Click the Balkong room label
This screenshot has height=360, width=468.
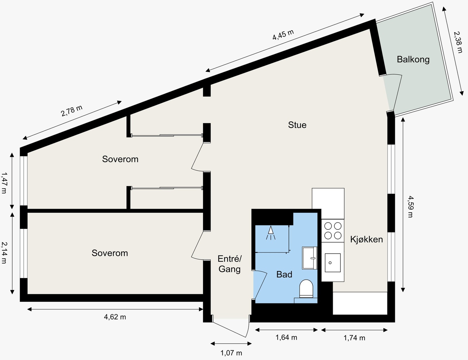[413, 59]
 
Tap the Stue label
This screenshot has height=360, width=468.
[297, 125]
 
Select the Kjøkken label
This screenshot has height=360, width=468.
[367, 239]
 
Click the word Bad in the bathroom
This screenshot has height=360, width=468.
[284, 275]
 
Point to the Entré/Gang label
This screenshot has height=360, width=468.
[230, 264]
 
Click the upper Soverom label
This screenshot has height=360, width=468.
[120, 159]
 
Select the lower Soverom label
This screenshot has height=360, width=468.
[110, 253]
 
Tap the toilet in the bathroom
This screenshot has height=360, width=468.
[306, 288]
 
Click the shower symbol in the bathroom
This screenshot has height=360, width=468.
[271, 233]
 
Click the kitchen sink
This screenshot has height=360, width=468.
[333, 263]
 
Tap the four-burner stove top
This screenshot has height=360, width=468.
[333, 231]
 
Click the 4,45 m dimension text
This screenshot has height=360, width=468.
[283, 35]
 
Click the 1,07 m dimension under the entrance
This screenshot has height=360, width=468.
[231, 353]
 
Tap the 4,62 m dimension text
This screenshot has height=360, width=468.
[115, 317]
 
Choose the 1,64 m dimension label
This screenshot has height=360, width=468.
[286, 337]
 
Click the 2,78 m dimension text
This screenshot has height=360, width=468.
[72, 111]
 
